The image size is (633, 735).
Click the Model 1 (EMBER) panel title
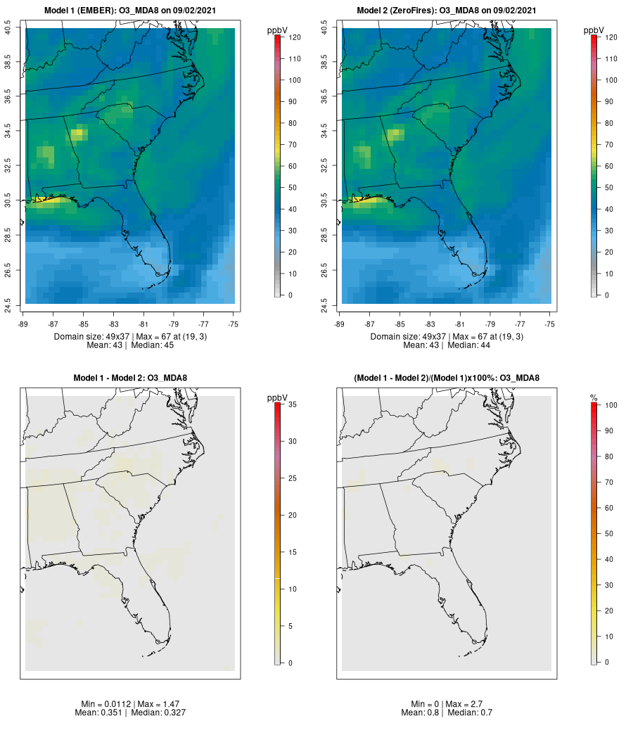point(130,11)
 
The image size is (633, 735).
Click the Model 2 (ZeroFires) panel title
point(447,11)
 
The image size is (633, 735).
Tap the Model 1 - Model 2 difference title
point(130,378)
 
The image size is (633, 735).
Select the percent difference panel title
point(447,378)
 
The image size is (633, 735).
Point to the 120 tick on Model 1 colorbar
point(294,37)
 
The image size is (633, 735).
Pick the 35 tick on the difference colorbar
point(292,405)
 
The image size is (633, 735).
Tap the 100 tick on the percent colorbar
point(610,405)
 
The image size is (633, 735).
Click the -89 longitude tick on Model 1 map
point(22,324)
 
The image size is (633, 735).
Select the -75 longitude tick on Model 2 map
point(550,324)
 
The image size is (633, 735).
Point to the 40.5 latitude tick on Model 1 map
point(8,28)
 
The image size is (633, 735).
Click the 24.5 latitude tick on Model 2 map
point(324,304)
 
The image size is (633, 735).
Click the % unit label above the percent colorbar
point(594,398)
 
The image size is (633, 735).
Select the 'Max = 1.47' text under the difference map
point(148,704)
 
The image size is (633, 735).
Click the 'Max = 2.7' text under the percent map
point(466,704)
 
